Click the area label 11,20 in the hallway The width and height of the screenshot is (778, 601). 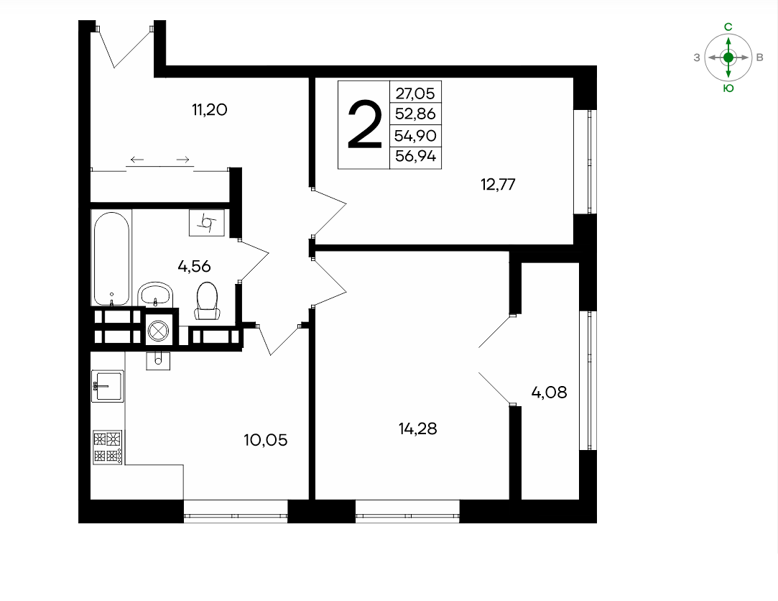coord(209,109)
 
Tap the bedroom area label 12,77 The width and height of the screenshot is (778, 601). coord(498,185)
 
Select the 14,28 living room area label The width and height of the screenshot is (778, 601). coord(418,428)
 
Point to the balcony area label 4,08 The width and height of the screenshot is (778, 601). coord(549,393)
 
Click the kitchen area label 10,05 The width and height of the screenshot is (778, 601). coord(266,440)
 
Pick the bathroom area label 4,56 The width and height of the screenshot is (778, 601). coord(194,267)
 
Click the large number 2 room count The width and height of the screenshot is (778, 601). coord(365,124)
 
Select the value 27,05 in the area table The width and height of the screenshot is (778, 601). coord(415,93)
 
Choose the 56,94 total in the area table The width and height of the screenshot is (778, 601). coord(415,157)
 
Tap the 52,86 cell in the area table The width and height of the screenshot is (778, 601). coord(415,114)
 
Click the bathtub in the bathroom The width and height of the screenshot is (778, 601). coord(111,258)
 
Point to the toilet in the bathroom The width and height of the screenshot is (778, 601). coord(207,300)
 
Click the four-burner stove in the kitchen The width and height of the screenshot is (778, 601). coord(108,448)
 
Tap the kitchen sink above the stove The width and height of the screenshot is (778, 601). coord(107,386)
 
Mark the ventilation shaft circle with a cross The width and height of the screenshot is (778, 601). coord(159,330)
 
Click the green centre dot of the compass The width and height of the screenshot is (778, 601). coord(728,58)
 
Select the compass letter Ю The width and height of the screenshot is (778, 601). coord(728,88)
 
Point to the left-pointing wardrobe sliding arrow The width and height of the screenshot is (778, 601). coord(137,160)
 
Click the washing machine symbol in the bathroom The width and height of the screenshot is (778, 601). coord(206,223)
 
